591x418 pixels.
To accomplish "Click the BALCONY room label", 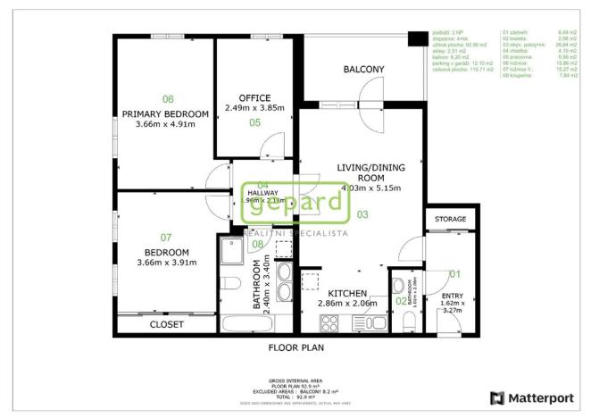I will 363,70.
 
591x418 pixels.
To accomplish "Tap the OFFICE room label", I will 254,97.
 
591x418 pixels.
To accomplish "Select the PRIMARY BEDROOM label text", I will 165,113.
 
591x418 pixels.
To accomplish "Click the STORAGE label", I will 450,219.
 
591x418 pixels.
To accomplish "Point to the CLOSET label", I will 167,324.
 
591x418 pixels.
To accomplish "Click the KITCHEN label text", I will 347,293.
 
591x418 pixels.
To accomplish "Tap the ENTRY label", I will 453,296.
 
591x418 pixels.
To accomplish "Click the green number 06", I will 167,99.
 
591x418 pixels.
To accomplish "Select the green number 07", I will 166,238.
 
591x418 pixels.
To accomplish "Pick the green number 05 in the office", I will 254,122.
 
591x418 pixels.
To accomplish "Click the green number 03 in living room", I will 362,214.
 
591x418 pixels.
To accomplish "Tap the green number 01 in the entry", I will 454,274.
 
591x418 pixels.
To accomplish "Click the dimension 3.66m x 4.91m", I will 166,125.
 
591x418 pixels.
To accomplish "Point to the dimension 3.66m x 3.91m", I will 166,263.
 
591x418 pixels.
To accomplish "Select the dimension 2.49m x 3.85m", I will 254,108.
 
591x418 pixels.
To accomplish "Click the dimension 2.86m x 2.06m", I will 347,304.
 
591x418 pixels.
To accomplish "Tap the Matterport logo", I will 530,397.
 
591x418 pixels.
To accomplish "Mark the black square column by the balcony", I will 415,39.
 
